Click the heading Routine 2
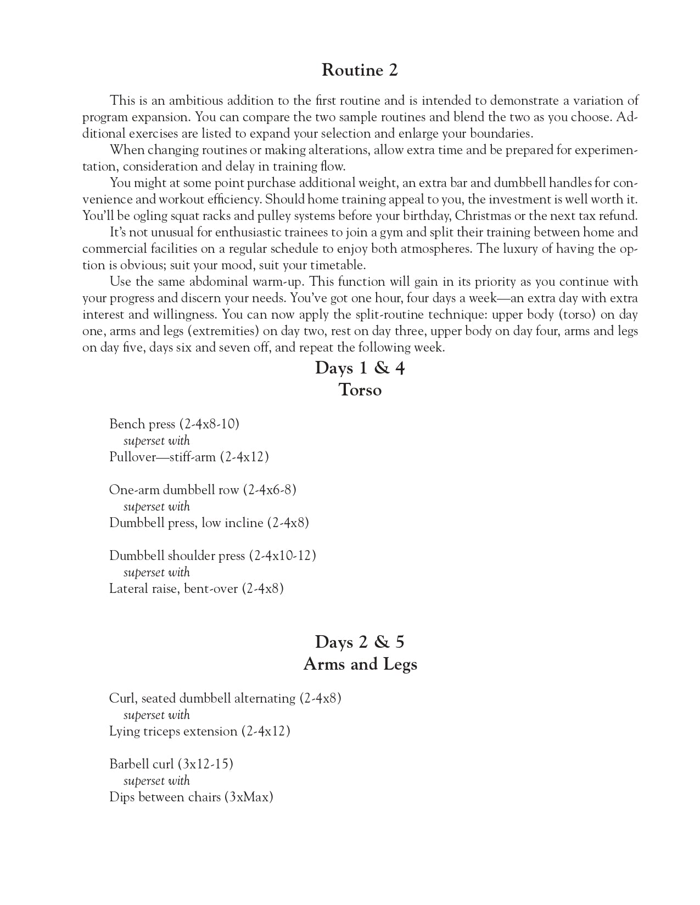click(x=360, y=70)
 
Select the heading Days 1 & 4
click(x=360, y=367)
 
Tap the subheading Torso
click(x=360, y=390)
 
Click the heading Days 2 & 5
click(x=360, y=642)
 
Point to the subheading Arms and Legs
click(x=360, y=664)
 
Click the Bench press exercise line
click(x=174, y=424)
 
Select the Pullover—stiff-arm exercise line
click(x=189, y=457)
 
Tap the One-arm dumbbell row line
click(x=203, y=490)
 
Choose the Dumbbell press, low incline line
click(x=209, y=523)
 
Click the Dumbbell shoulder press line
click(x=212, y=556)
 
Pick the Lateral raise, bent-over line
click(x=196, y=589)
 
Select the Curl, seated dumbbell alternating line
click(x=225, y=698)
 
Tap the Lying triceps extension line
click(x=199, y=731)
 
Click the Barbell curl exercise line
click(x=171, y=764)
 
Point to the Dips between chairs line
click(x=191, y=797)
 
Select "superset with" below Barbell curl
click(x=156, y=780)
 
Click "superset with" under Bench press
click(x=156, y=440)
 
